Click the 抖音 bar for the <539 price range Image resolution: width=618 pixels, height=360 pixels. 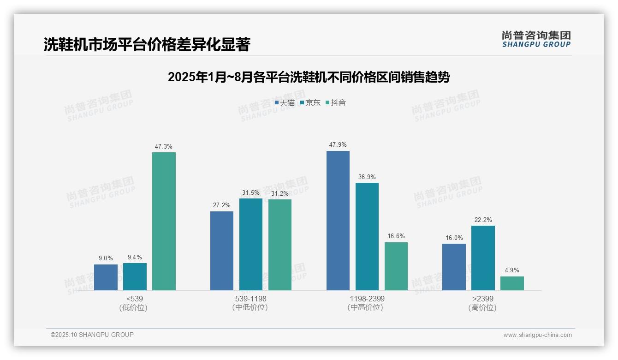164,221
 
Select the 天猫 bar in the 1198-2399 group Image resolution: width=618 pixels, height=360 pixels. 338,221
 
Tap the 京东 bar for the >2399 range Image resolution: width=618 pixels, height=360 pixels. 483,258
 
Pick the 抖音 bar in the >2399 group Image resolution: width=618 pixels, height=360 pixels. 512,283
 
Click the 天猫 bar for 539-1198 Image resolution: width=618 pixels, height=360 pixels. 222,251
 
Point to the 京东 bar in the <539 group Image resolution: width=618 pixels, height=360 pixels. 135,276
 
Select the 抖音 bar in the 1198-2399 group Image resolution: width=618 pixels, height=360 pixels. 396,266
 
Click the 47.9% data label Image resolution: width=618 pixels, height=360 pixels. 338,144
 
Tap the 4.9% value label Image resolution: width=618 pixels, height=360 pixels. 512,270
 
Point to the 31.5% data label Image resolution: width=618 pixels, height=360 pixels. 251,192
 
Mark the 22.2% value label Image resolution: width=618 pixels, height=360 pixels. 483,220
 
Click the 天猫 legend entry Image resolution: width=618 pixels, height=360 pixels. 285,102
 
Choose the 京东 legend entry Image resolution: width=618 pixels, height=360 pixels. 310,102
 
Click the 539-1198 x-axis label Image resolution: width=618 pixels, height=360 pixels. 250,299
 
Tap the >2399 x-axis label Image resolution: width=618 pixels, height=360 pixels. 483,299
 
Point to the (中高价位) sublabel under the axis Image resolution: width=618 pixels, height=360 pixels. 367,307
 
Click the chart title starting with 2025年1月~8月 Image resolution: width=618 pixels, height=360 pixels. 309,77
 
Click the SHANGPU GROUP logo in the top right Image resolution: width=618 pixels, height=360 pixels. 536,39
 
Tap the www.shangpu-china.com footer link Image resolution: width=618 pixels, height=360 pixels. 537,335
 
